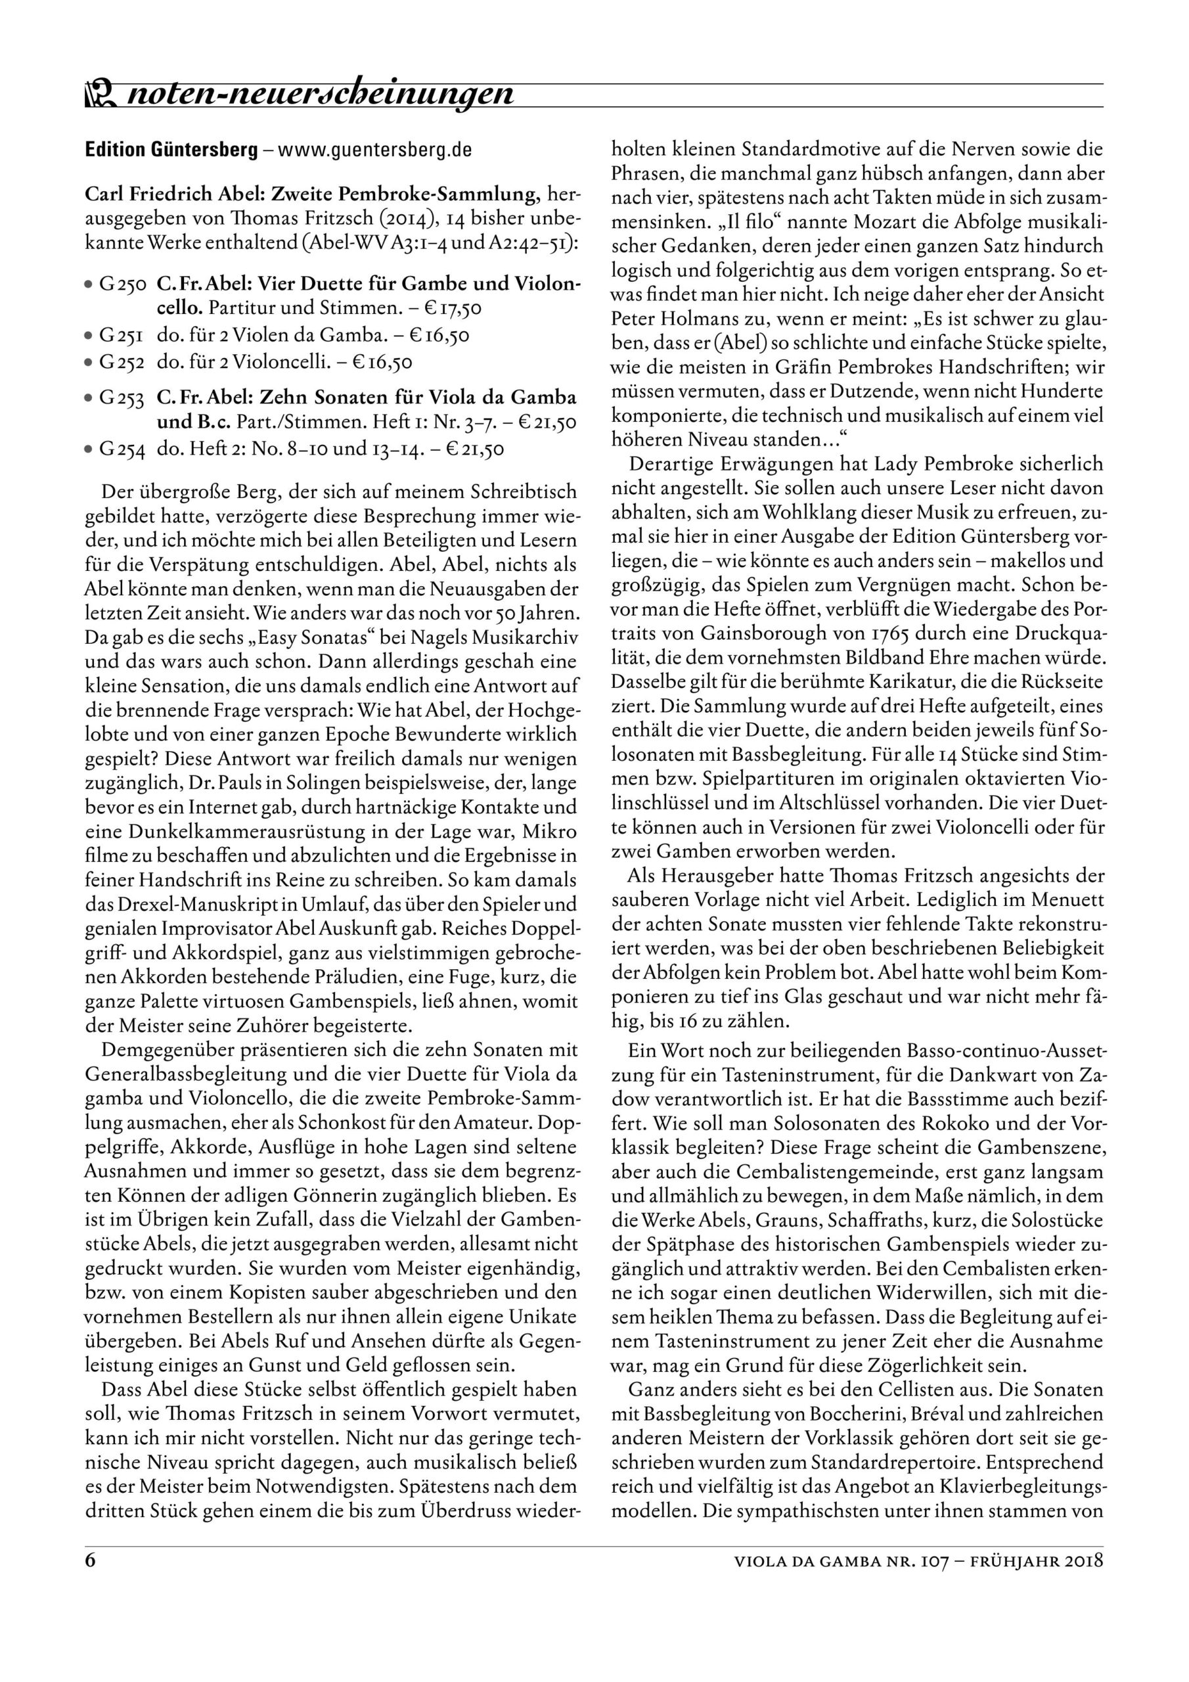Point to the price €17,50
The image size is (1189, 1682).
[x=453, y=307]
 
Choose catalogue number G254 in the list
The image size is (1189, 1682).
[x=123, y=448]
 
